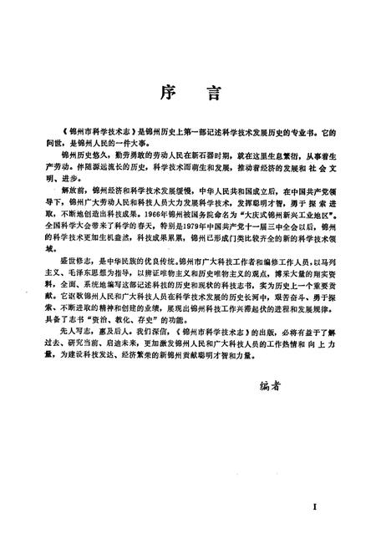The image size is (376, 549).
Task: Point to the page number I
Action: [x=313, y=507]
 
